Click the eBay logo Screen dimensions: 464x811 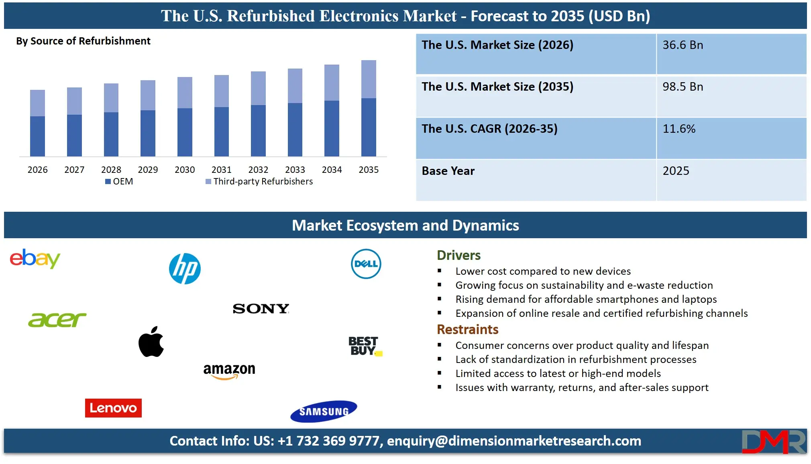point(35,259)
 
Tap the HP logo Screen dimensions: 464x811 point(185,269)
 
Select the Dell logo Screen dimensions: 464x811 point(366,264)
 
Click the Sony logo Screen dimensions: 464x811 point(261,308)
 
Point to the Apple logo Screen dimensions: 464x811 point(151,342)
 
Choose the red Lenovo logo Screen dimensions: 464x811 point(113,408)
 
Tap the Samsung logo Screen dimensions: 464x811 point(324,411)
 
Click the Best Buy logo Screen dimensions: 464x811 point(365,346)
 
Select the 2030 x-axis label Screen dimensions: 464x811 point(185,170)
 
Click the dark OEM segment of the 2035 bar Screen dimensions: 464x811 point(369,127)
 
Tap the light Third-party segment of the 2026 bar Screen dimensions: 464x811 point(37,103)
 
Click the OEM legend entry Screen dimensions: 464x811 point(119,181)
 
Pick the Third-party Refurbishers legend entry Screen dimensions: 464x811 point(259,181)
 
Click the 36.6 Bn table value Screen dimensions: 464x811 point(683,45)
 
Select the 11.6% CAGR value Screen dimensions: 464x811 point(679,129)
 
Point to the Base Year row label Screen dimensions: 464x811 point(448,171)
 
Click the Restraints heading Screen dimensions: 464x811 point(467,329)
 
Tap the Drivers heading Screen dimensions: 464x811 point(458,255)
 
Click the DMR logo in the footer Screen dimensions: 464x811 point(773,442)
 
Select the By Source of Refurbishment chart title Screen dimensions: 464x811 point(83,41)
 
